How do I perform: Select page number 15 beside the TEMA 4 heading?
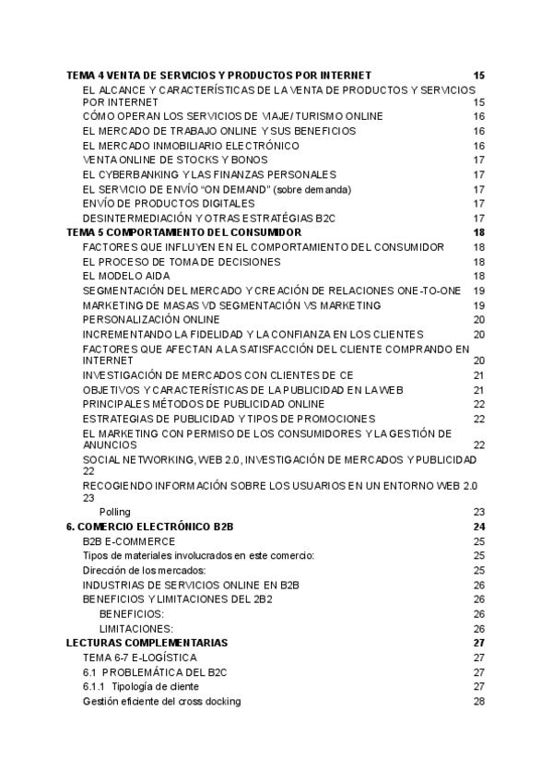478,75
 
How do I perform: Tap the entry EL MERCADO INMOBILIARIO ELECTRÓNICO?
191,146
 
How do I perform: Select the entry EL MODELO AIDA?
125,276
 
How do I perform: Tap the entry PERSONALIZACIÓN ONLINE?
151,319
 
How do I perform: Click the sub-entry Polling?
115,512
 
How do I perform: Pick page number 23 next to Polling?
478,512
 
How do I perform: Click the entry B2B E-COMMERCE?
129,541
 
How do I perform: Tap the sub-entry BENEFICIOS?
132,613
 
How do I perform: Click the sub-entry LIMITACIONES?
136,628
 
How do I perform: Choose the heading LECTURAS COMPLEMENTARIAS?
147,643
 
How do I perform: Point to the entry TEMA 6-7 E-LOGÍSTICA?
139,658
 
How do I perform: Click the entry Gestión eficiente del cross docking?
161,701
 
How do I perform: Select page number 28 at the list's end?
478,701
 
